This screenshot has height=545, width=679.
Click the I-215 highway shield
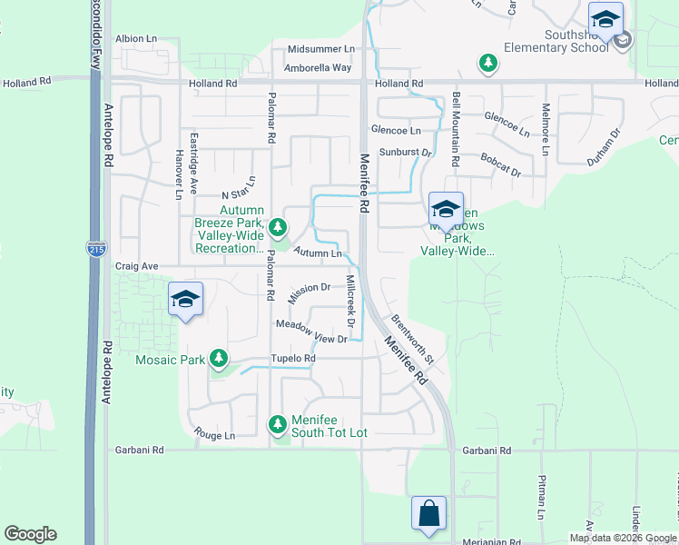point(95,248)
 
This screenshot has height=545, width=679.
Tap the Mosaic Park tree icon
point(219,360)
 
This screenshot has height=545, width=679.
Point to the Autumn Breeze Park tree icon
point(279,227)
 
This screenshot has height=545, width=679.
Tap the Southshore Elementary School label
point(556,42)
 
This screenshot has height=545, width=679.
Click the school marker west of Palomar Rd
point(185,299)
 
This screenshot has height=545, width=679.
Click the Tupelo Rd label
point(297,359)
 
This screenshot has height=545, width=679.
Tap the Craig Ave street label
point(136,266)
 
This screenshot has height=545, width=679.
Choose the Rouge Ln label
point(214,436)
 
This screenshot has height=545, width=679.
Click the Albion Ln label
point(136,40)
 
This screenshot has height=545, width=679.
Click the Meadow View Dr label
point(311,332)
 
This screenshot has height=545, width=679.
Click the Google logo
point(31,534)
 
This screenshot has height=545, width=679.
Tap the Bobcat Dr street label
point(500,164)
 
